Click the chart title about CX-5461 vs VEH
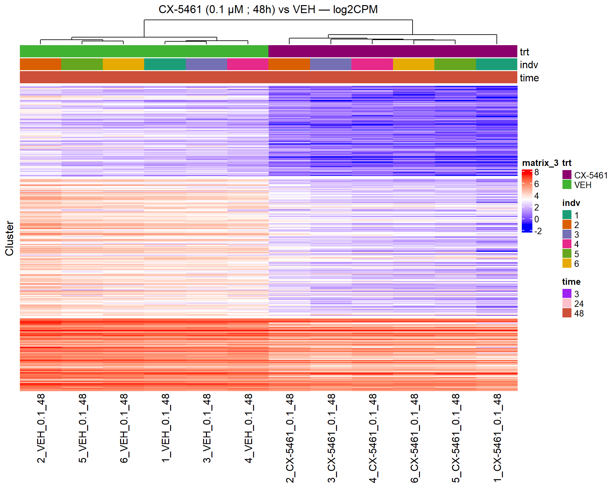coord(268,10)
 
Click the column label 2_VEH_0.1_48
coord(41,428)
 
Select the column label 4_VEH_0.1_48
coord(248,428)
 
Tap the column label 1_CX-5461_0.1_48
coord(497,438)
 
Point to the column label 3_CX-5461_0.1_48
coord(331,438)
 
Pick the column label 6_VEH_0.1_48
coord(124,428)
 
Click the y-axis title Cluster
coord(9,238)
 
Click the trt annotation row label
coord(524,52)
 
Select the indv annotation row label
coord(529,65)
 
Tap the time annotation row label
coord(529,78)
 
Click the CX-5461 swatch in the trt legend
coord(567,175)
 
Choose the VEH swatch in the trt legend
coord(567,184)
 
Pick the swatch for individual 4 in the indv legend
coord(567,244)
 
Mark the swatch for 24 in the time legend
coord(567,303)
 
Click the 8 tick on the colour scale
coord(537,172)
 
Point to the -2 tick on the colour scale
coord(538,231)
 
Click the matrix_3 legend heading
coord(540,163)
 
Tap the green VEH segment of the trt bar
coord(144,51)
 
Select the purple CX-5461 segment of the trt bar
coord(393,51)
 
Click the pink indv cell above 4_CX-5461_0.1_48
coord(372,64)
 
